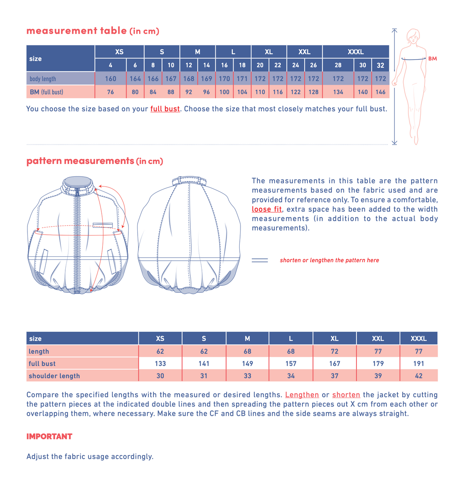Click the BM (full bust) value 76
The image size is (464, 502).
click(x=111, y=92)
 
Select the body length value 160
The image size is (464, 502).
click(x=111, y=79)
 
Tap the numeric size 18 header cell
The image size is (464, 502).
click(x=242, y=65)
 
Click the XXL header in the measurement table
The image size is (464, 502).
click(x=304, y=52)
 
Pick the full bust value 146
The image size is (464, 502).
click(x=380, y=92)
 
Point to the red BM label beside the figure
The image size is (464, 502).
click(x=432, y=59)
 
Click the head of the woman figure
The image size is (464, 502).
click(x=413, y=36)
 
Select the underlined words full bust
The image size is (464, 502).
click(x=165, y=109)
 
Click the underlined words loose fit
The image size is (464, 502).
click(x=267, y=209)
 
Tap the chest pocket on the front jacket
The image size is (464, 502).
click(x=102, y=225)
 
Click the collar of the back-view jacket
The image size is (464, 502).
click(x=189, y=181)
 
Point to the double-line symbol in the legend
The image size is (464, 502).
click(x=259, y=260)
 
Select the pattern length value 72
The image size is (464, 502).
click(x=334, y=351)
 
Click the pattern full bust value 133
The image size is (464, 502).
click(x=160, y=364)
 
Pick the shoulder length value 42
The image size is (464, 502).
click(x=418, y=376)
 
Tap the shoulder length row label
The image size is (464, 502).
click(x=55, y=376)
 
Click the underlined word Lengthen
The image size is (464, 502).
click(x=302, y=395)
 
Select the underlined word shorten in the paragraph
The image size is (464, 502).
click(x=346, y=395)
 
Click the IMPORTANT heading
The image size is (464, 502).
click(x=49, y=437)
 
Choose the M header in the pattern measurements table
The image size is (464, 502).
click(x=247, y=338)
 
